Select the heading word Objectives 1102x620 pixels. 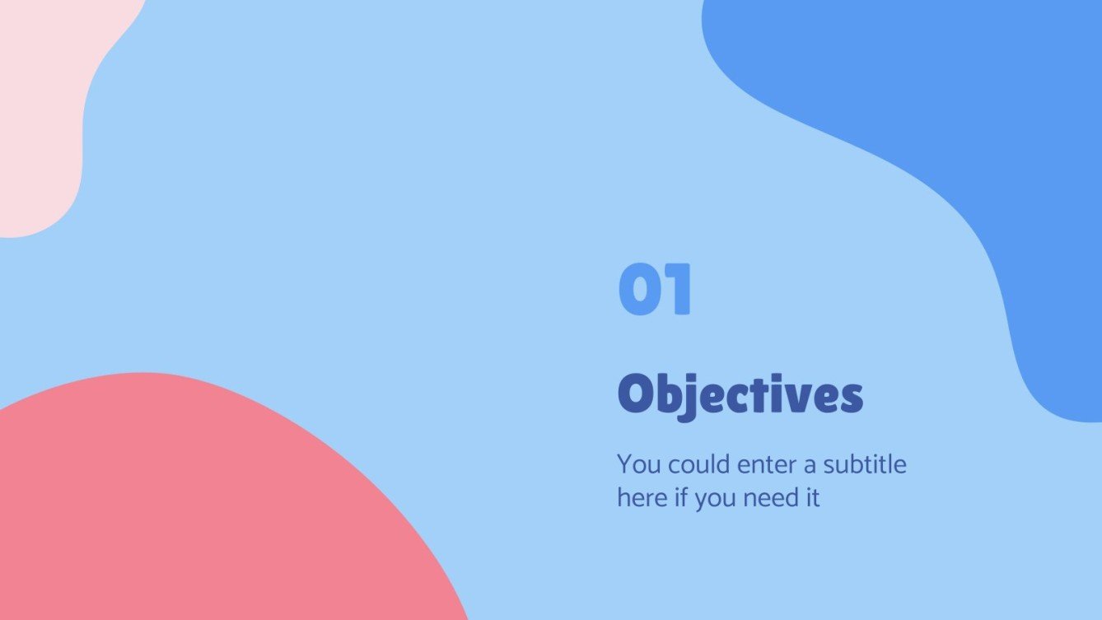tap(740, 396)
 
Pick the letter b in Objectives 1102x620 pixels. tap(669, 394)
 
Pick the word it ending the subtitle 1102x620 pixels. tap(812, 498)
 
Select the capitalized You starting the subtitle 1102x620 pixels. tap(639, 464)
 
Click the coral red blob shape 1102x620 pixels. tap(189, 510)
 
